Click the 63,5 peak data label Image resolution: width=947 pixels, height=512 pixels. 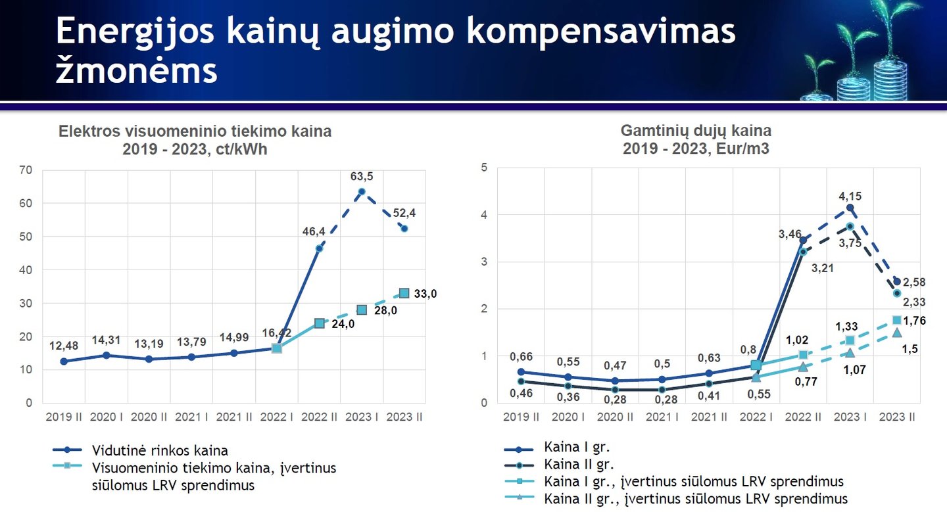coord(362,176)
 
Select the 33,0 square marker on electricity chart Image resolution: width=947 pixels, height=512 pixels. coord(404,293)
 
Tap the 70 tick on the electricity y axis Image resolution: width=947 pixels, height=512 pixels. coord(26,170)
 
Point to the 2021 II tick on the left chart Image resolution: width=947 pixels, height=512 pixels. coord(234,417)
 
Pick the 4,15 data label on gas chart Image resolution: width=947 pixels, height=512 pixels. coord(850,196)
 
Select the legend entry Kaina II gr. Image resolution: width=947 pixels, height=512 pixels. coord(558,464)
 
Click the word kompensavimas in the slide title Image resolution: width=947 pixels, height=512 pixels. coord(601,32)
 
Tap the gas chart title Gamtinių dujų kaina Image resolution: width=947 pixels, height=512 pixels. coord(696,131)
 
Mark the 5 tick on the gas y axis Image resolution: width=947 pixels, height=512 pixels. coord(484,168)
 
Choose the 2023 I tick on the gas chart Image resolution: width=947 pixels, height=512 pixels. coord(850,417)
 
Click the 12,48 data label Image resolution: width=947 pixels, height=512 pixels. coord(63,346)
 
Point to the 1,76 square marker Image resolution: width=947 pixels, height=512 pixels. coord(897,320)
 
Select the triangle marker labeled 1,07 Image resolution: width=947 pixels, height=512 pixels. coord(850,353)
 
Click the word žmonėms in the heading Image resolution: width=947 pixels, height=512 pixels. coord(137,70)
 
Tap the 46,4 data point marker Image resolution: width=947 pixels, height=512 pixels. coord(319,248)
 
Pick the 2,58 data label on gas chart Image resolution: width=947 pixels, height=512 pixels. coord(914,282)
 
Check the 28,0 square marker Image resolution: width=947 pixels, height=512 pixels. coord(362,310)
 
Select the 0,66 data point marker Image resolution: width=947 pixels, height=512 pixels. coord(521,372)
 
